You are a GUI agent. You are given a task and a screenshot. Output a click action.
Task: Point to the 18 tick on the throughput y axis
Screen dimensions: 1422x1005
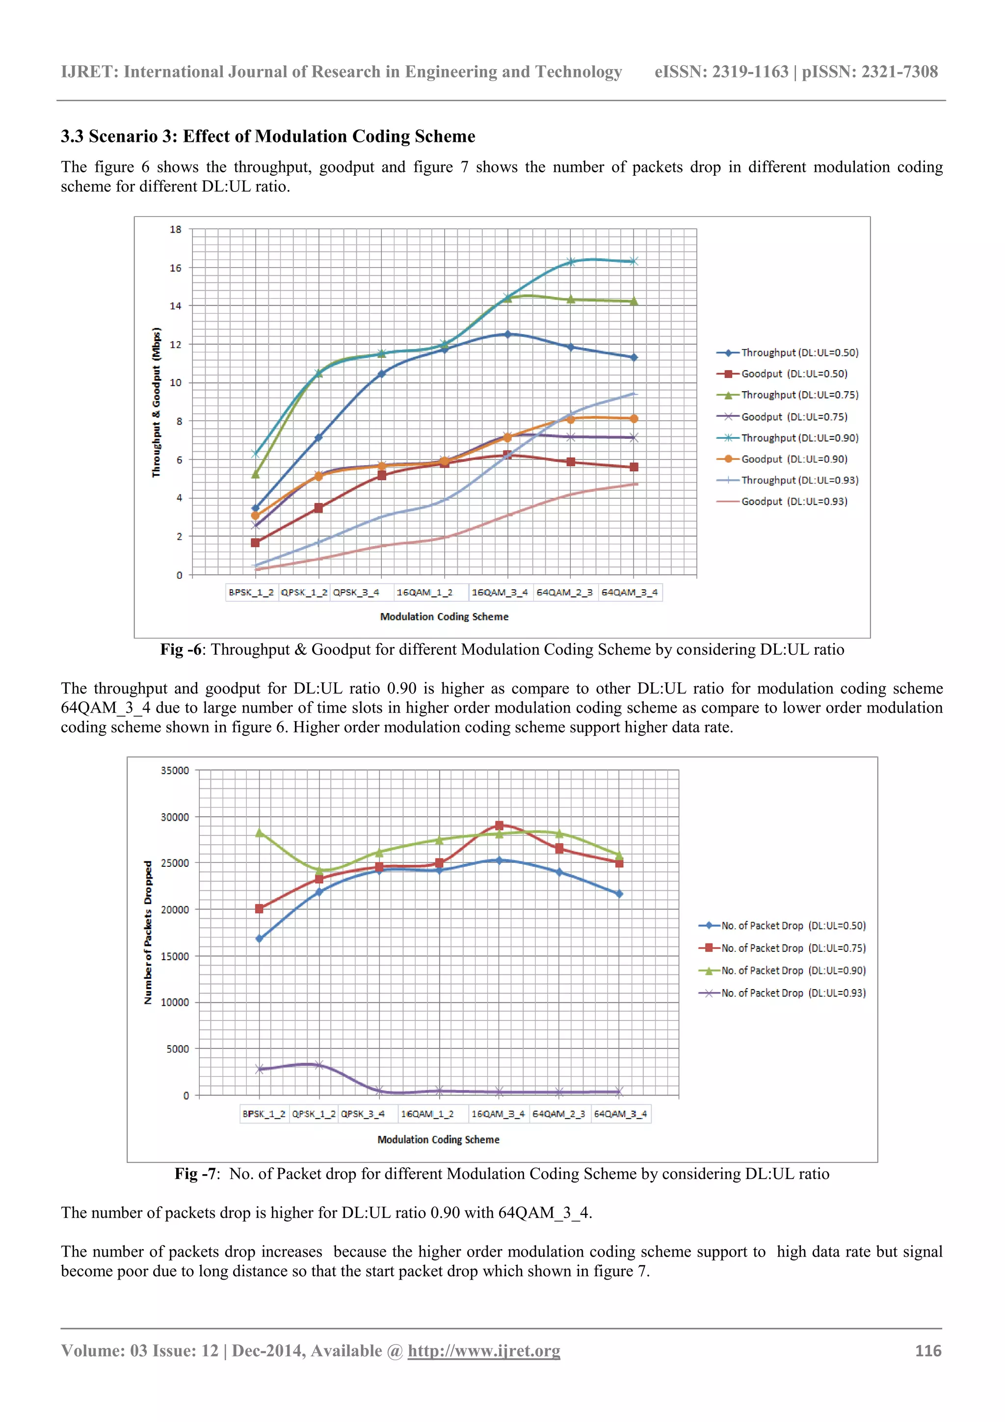tap(176, 230)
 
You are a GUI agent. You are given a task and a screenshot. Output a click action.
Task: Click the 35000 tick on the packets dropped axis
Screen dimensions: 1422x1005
tap(175, 771)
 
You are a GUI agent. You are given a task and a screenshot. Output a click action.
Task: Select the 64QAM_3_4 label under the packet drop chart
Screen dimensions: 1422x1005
tap(620, 1114)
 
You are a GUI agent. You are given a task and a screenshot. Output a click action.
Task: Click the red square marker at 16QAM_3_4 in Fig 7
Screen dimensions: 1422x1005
tap(499, 826)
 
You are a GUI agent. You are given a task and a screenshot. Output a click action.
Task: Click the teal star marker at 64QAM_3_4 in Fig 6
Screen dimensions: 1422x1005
tap(634, 261)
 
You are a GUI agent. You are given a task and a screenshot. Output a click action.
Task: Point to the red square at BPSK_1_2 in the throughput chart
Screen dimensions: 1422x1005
tap(255, 542)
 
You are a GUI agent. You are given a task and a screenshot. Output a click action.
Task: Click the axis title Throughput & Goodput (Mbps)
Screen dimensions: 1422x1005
tap(156, 402)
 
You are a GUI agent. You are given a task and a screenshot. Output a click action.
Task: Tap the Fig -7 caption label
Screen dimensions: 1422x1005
tap(195, 1174)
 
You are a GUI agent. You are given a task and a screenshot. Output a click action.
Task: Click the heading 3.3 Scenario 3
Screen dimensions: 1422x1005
tap(267, 136)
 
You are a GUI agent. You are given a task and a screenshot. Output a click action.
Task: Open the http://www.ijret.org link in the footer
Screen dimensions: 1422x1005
tap(484, 1351)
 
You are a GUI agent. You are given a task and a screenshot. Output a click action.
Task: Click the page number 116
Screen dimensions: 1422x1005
tap(927, 1351)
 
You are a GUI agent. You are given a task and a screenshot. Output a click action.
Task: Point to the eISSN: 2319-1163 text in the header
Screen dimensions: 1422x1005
tap(721, 72)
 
